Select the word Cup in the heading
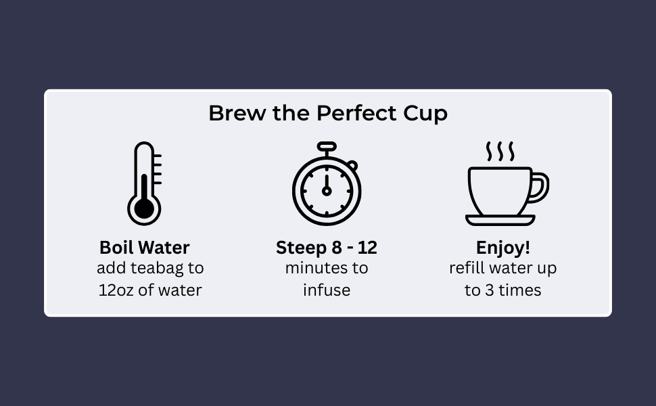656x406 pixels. (x=425, y=114)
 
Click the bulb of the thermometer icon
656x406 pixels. (x=144, y=208)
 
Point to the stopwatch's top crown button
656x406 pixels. (x=327, y=146)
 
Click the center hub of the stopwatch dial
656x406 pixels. (x=327, y=191)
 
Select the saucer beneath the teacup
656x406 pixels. (x=500, y=220)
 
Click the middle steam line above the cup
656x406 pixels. (x=500, y=152)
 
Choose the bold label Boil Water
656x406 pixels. (x=144, y=248)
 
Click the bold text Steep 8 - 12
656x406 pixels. (x=327, y=248)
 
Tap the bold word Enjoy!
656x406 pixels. (x=503, y=248)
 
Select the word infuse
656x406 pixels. (x=327, y=290)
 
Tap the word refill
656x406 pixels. (x=467, y=268)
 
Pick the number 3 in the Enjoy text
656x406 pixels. (x=488, y=290)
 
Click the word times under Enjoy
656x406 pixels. (x=520, y=290)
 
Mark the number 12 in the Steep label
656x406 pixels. (x=367, y=248)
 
